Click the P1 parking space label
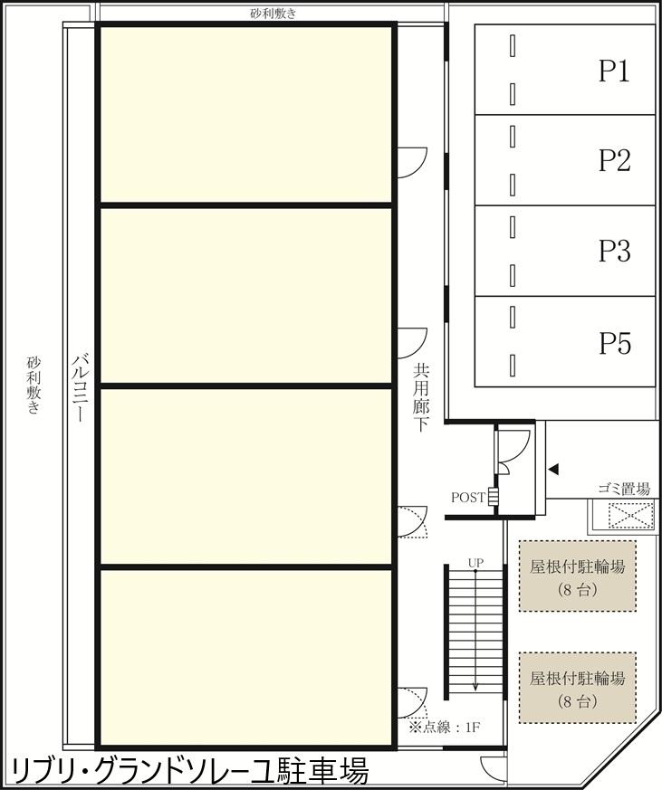[x=614, y=71]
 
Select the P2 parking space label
[x=614, y=161]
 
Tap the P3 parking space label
[x=614, y=251]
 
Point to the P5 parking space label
[x=614, y=343]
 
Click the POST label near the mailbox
[x=468, y=498]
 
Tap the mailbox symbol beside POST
[x=493, y=496]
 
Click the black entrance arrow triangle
[x=554, y=470]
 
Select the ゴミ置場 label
[x=624, y=489]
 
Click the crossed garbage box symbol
[x=624, y=516]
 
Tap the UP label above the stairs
[x=475, y=563]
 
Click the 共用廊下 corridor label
[x=420, y=398]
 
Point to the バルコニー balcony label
[x=81, y=388]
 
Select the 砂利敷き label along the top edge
[x=273, y=13]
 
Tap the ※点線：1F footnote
[x=444, y=728]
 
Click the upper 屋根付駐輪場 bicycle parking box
[x=577, y=576]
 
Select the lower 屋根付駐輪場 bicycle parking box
[x=577, y=688]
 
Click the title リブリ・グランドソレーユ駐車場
[x=190, y=771]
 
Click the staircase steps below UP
[x=475, y=633]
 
